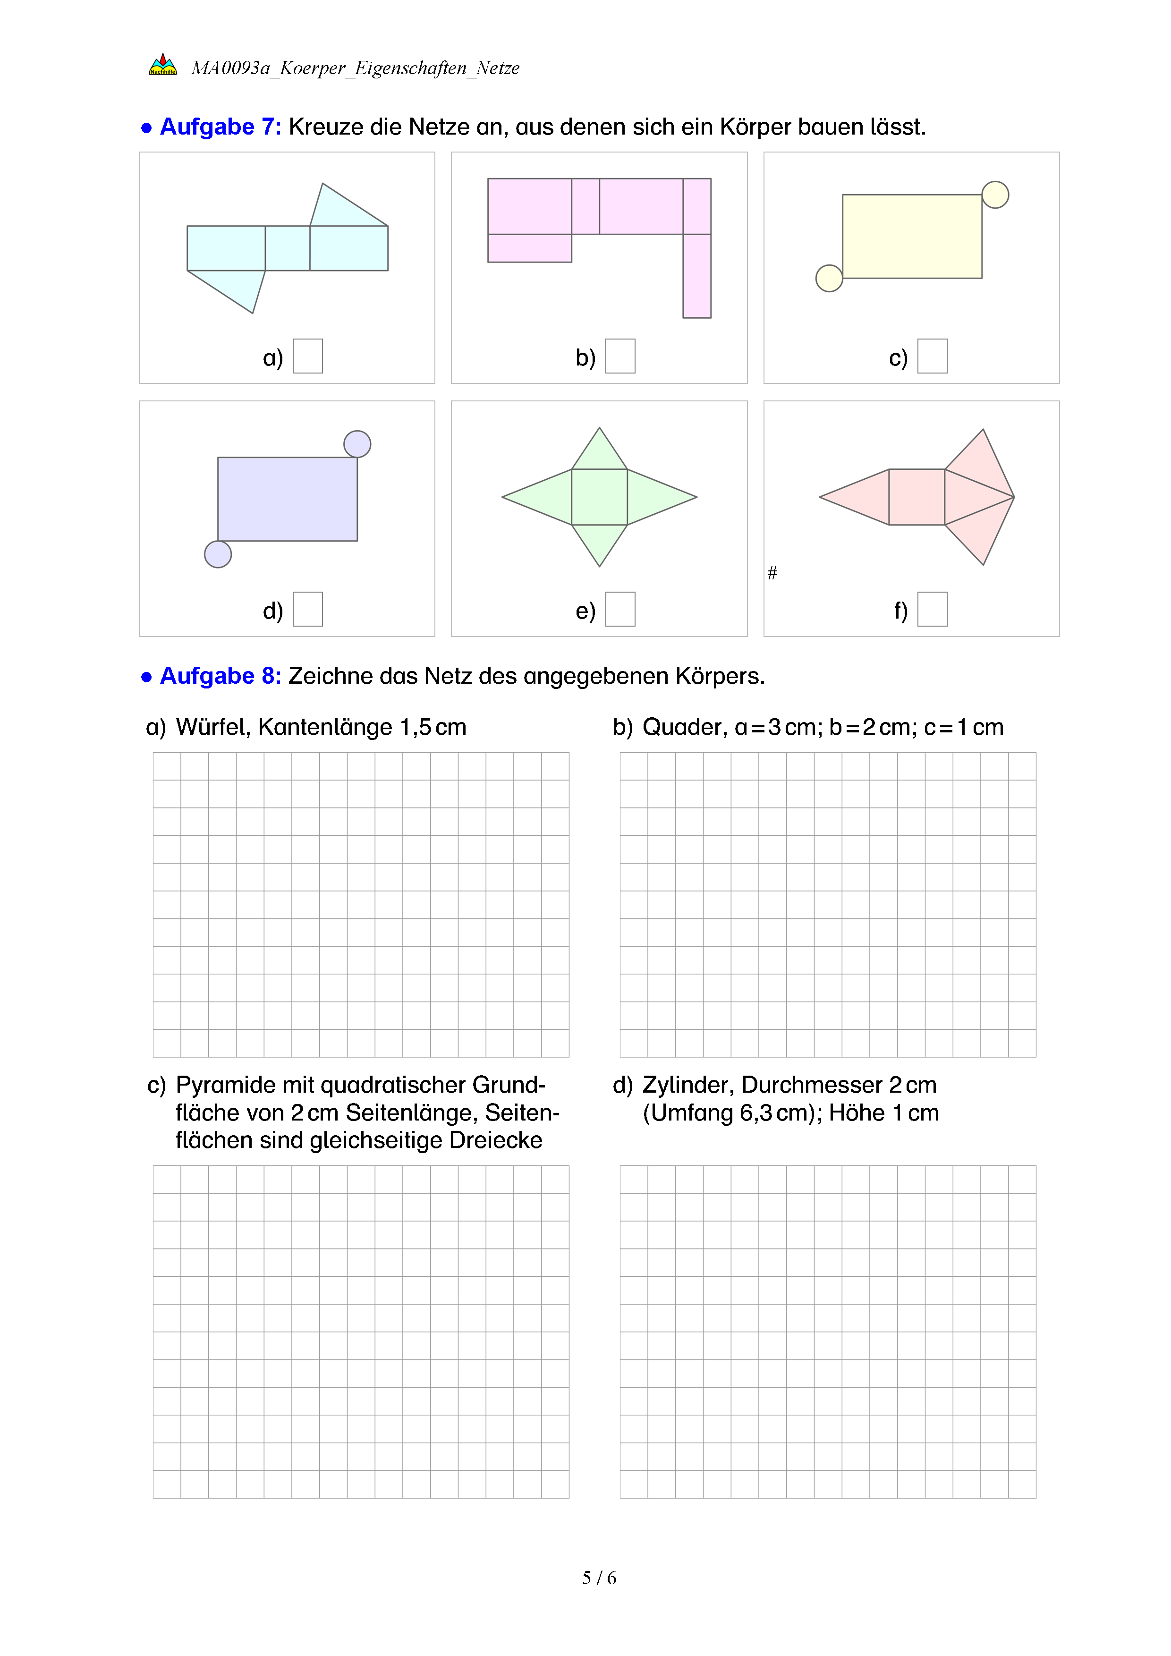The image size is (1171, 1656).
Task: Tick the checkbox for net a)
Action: (307, 357)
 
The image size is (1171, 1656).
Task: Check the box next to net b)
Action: (620, 357)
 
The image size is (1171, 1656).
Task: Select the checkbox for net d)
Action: (307, 610)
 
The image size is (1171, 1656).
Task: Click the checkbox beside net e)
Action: (620, 610)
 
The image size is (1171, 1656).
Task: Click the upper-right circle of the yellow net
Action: (995, 195)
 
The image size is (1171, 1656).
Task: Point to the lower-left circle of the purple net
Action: (218, 554)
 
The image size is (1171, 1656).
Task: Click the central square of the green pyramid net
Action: (599, 497)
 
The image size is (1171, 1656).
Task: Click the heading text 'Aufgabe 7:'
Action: (220, 127)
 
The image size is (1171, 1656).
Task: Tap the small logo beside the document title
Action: (163, 66)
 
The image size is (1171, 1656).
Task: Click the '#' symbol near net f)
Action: (772, 573)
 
